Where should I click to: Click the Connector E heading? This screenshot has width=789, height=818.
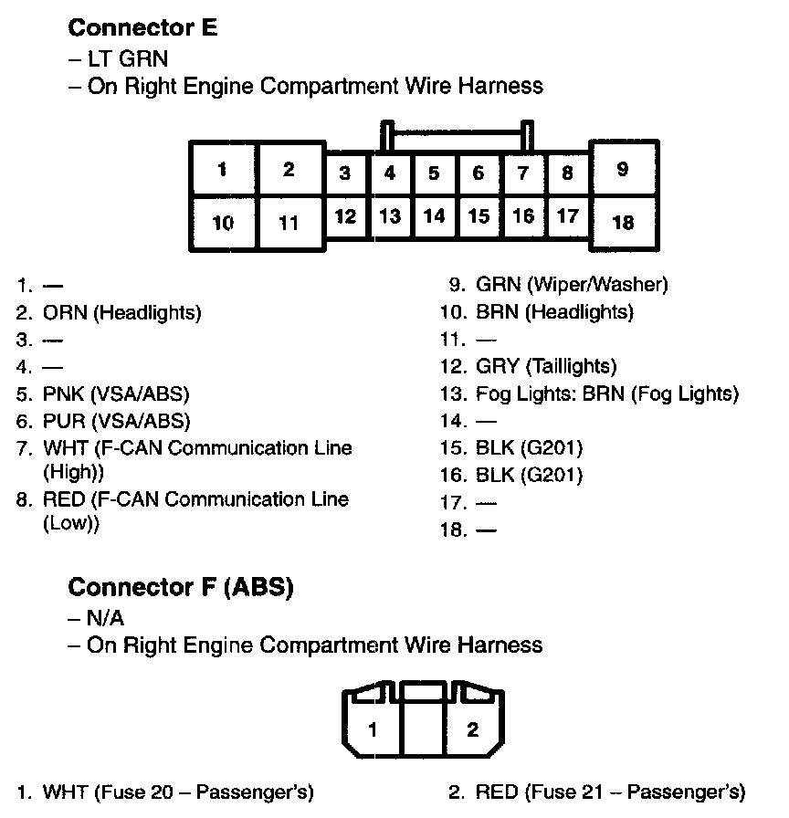pyautogui.click(x=143, y=27)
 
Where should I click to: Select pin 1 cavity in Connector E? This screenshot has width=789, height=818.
pyautogui.click(x=223, y=171)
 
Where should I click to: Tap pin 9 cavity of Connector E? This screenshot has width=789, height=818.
pyautogui.click(x=623, y=169)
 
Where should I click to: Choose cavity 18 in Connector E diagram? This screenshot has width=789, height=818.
pyautogui.click(x=623, y=222)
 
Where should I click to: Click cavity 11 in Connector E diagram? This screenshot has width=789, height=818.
pyautogui.click(x=289, y=222)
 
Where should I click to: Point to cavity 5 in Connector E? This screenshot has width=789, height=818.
pyautogui.click(x=434, y=173)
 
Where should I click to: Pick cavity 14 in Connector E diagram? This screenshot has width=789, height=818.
pyautogui.click(x=434, y=216)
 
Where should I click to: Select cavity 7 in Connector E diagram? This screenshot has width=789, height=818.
pyautogui.click(x=523, y=173)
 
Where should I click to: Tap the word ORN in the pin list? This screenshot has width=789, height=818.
pyautogui.click(x=65, y=312)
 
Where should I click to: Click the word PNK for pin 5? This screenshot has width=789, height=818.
pyautogui.click(x=63, y=394)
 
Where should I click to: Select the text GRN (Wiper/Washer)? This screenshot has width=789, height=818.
pyautogui.click(x=572, y=285)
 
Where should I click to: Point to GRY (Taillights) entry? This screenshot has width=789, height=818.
pyautogui.click(x=546, y=367)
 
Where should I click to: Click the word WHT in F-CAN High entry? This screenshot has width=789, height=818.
pyautogui.click(x=63, y=448)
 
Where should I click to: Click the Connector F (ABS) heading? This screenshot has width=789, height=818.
pyautogui.click(x=181, y=586)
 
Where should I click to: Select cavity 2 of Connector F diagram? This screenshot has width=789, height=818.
pyautogui.click(x=472, y=729)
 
